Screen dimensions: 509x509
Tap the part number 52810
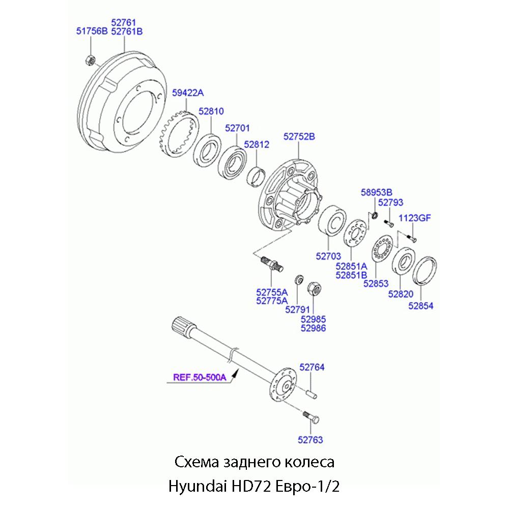click(x=211, y=111)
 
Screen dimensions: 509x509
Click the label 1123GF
click(x=414, y=218)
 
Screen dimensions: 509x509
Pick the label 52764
click(x=312, y=367)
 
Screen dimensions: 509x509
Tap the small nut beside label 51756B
click(x=89, y=60)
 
